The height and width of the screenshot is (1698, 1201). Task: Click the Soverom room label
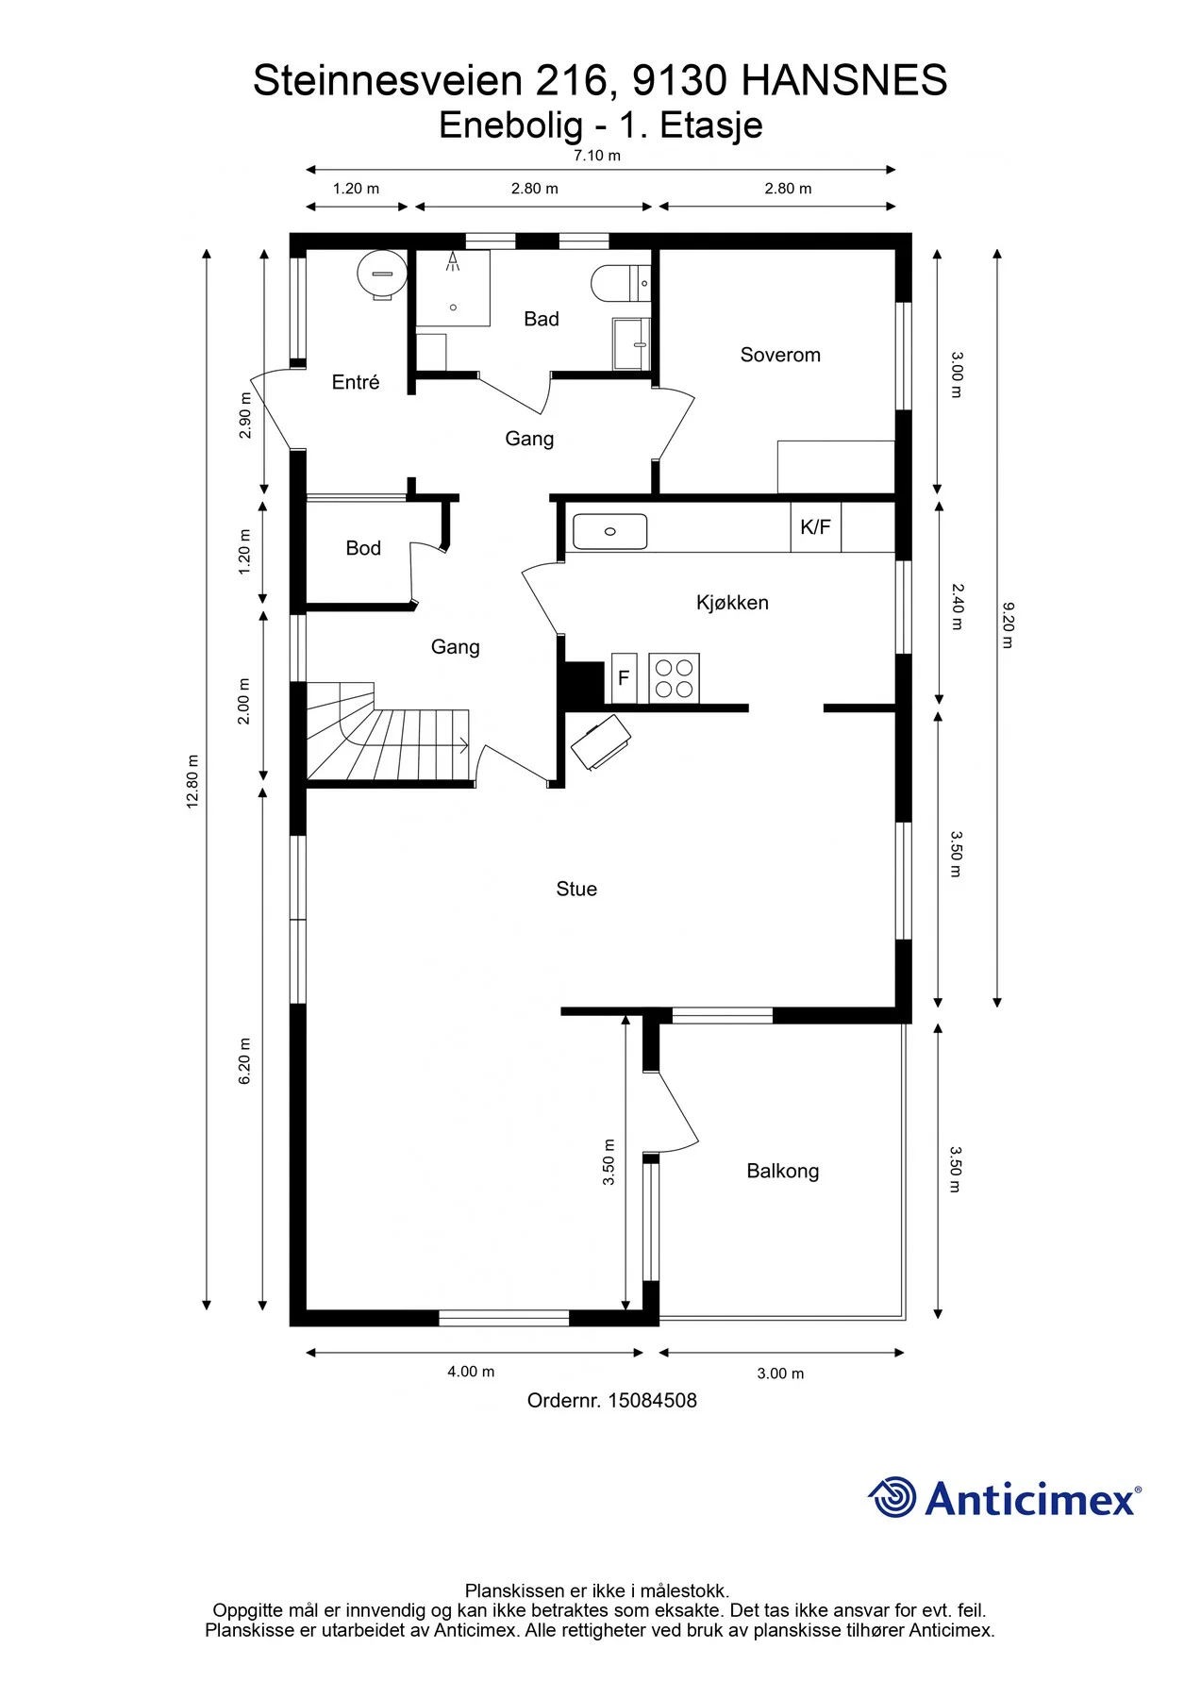pos(780,355)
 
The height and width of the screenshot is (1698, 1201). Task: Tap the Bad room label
pos(542,319)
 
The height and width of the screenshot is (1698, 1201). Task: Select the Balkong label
pos(782,1172)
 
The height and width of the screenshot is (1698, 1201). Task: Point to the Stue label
pos(576,889)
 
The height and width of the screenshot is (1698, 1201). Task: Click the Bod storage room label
pos(363,548)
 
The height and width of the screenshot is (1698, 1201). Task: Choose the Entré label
pos(356,382)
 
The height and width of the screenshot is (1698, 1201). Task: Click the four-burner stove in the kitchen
pos(674,678)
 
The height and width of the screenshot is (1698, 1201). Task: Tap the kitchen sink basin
pos(610,532)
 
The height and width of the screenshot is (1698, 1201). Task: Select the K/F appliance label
pos(815,527)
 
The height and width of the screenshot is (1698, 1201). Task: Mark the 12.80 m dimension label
pos(192,781)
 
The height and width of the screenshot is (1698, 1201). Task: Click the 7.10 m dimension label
pos(597,156)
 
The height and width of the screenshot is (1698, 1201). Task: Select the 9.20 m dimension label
pos(1008,625)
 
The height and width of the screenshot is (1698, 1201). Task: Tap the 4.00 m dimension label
pos(471,1372)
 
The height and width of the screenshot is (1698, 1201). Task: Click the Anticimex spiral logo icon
pos(892,1497)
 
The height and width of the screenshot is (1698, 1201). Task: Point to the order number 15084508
pos(652,1401)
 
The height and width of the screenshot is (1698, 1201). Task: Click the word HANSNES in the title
pos(844,81)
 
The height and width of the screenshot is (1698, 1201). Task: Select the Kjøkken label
pos(732,603)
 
